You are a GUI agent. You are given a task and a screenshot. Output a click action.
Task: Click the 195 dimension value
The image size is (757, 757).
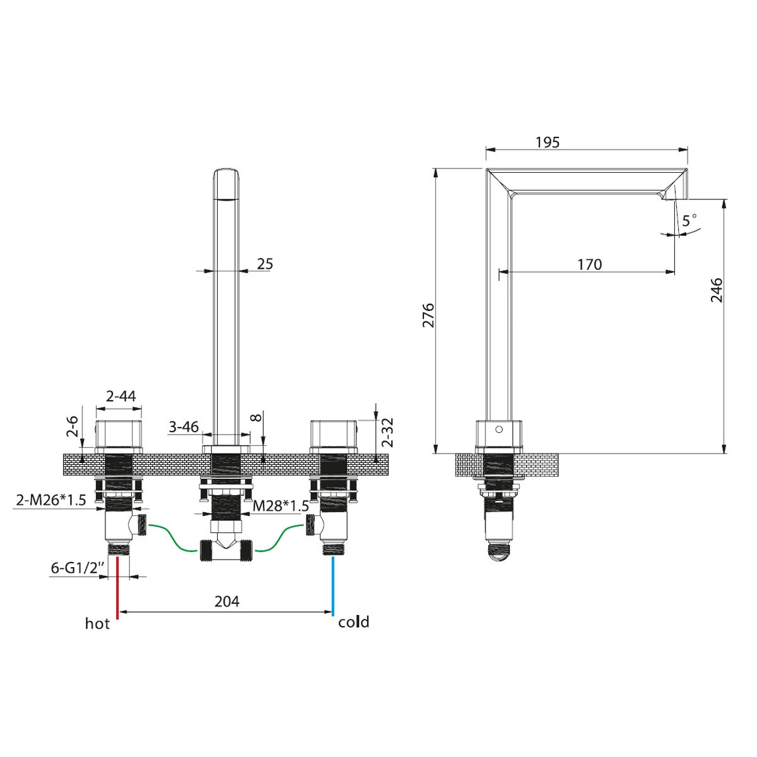[x=548, y=143]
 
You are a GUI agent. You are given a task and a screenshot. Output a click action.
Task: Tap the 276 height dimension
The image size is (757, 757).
[x=428, y=315]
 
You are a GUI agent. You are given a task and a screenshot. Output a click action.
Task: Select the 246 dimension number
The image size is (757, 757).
[x=717, y=290]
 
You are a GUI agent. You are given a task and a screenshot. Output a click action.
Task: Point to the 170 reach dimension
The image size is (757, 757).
[x=590, y=265]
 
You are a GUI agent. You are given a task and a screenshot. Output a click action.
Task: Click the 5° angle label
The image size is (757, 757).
[x=690, y=220]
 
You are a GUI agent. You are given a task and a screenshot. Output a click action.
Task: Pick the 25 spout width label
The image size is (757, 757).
[x=265, y=264]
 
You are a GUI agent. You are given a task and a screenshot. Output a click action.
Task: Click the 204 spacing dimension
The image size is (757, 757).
[x=226, y=601]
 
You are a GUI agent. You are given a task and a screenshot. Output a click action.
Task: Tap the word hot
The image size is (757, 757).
[x=97, y=623]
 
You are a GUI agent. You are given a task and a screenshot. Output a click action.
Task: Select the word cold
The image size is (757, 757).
[x=353, y=622]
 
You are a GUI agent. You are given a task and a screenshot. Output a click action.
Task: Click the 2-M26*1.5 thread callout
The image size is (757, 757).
[x=50, y=500]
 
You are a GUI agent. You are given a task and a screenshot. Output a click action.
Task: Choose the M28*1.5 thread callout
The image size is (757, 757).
[x=281, y=506]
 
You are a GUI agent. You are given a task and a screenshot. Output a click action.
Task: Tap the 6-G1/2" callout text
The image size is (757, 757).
[x=78, y=568]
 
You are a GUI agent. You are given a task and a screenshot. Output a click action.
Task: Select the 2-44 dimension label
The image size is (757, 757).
[x=121, y=396]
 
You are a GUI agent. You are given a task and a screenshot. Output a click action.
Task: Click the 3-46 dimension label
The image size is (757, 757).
[x=184, y=426]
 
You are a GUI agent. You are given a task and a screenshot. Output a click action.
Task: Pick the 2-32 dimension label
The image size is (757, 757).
[x=387, y=433]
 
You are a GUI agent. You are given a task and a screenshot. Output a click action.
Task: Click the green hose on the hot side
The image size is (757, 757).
[x=172, y=537]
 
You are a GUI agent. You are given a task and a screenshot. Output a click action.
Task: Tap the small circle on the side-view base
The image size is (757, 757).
[x=499, y=430]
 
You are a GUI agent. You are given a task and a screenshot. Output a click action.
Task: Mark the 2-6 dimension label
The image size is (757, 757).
[x=73, y=426]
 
